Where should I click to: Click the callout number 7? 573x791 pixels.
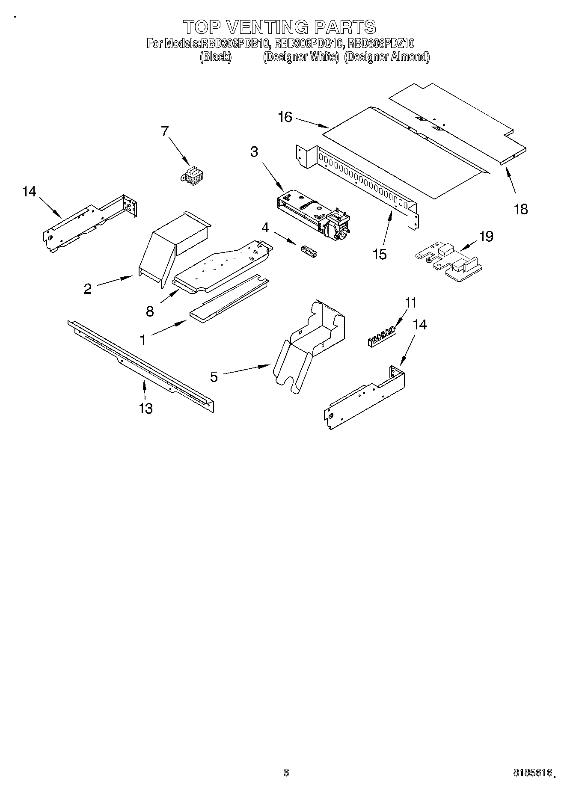(165, 131)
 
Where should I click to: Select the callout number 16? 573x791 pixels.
(285, 117)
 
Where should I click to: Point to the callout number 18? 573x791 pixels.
(521, 209)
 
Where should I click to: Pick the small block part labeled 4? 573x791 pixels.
(309, 251)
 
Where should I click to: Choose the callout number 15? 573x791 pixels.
(380, 254)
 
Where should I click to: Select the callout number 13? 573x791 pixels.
(146, 409)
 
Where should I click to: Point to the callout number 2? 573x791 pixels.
(88, 289)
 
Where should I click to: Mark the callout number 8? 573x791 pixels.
(150, 311)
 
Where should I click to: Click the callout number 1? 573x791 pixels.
(143, 340)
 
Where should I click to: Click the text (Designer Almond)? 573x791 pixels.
(386, 57)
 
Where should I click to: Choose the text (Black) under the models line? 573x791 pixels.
(216, 57)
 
